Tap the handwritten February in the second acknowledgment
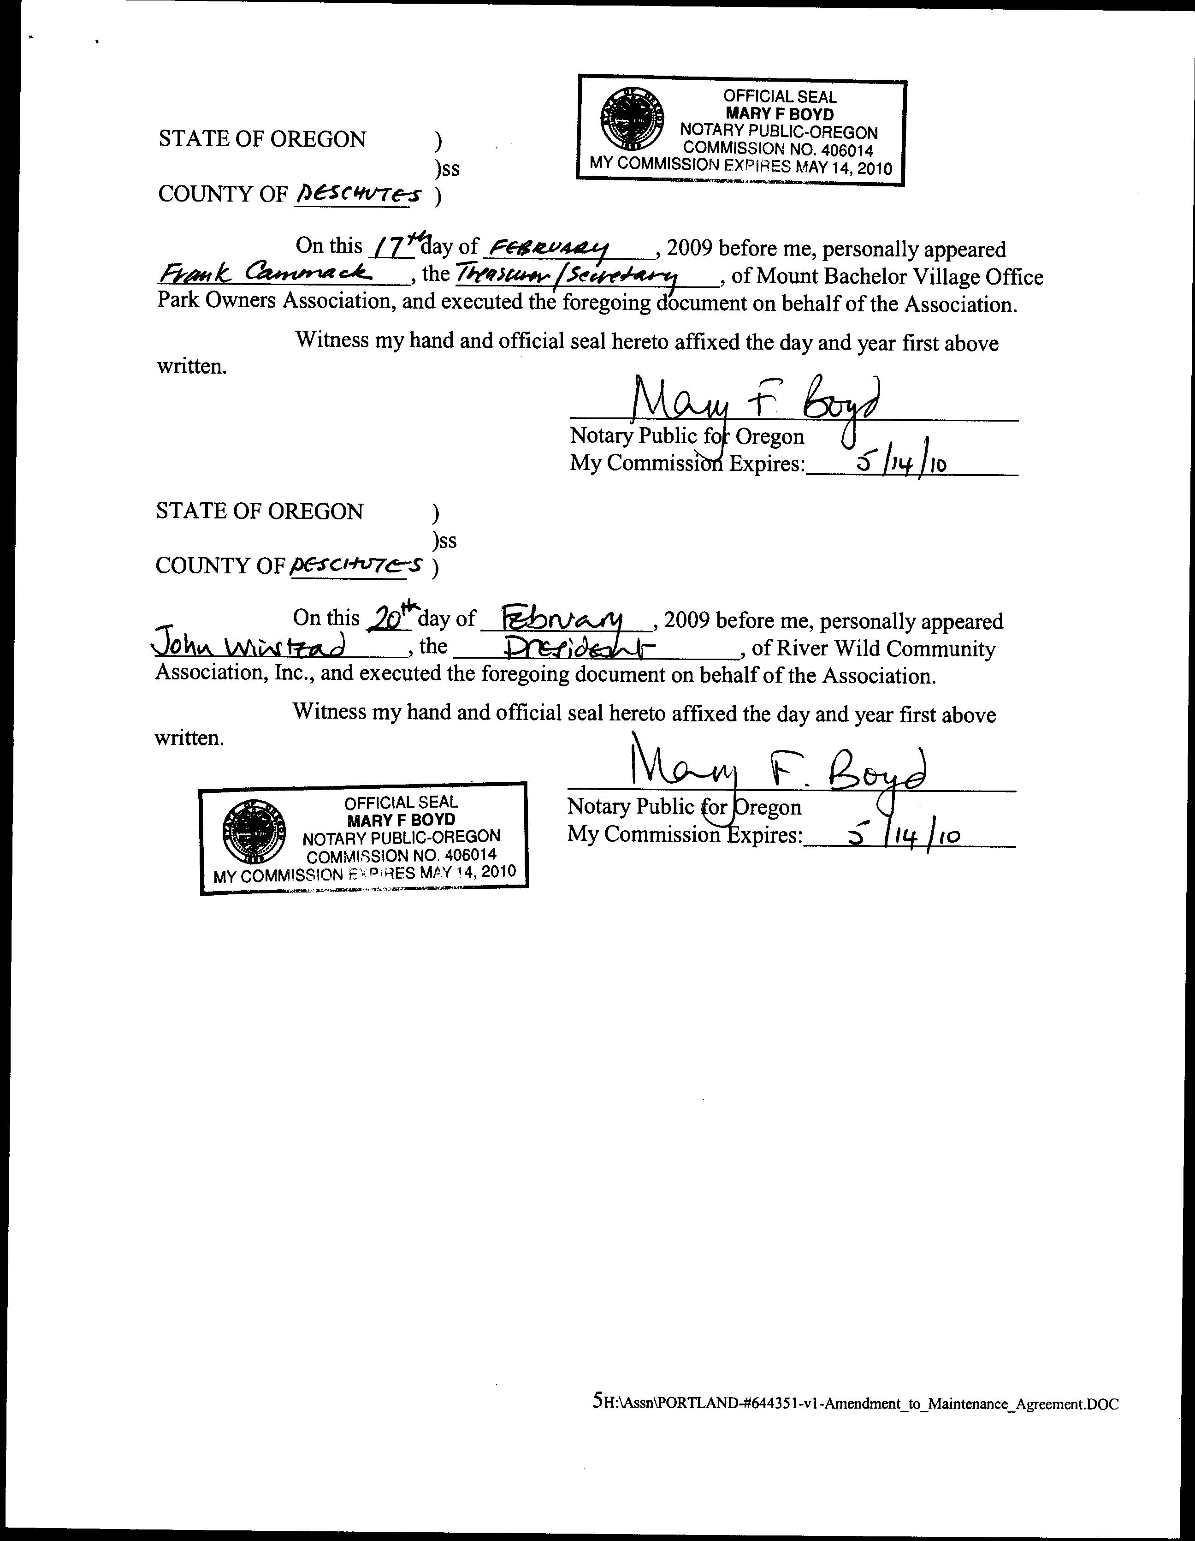point(562,619)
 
